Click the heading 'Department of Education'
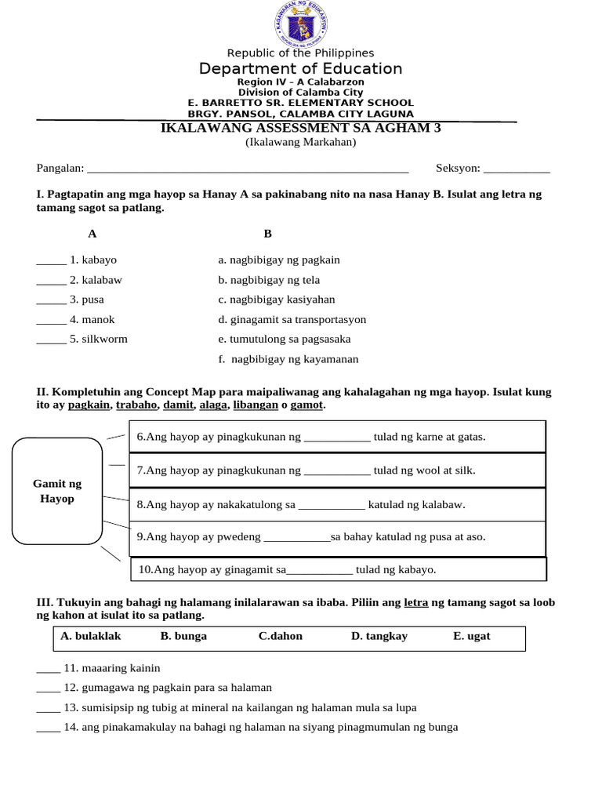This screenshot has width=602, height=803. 301,69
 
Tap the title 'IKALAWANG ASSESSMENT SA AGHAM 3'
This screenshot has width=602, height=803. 300,129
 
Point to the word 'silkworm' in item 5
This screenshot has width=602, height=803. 104,340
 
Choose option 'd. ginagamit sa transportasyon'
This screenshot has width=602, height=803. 292,320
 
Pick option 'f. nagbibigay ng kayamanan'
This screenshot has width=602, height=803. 289,359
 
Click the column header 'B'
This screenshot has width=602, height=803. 267,234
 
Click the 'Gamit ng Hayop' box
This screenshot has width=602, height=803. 57,492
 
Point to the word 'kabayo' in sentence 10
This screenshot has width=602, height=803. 417,569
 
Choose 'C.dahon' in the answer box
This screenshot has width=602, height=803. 280,636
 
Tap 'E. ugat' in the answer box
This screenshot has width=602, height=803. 471,636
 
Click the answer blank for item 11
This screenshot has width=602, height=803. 48,670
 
